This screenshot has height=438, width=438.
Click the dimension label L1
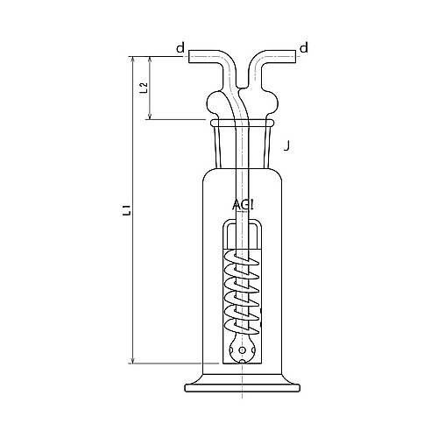[x=126, y=210]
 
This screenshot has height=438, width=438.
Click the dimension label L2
[x=144, y=88]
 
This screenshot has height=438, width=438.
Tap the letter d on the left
[x=180, y=47]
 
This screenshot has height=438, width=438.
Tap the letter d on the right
[x=304, y=47]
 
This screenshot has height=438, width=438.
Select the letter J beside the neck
[x=286, y=145]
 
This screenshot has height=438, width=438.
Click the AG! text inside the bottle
[x=243, y=205]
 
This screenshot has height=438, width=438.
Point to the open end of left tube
[x=189, y=56]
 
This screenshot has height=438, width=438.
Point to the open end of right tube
[x=295, y=56]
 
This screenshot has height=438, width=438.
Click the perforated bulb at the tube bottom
[x=242, y=350]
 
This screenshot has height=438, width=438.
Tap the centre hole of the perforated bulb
[x=242, y=350]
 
